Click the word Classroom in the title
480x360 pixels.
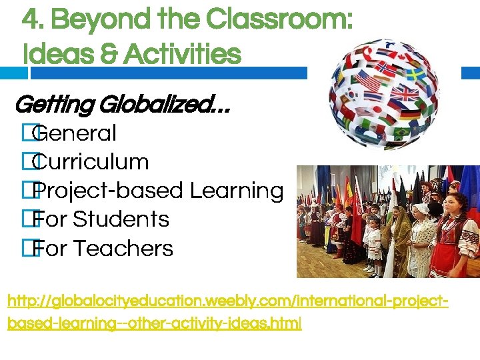click(279, 19)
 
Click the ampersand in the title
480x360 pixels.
click(85, 53)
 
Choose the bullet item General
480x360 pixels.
click(75, 133)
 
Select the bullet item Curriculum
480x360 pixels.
click(91, 162)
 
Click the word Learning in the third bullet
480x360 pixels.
click(237, 191)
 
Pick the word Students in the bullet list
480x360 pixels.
click(121, 219)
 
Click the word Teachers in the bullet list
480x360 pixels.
click(123, 249)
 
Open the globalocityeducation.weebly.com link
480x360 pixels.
click(227, 312)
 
